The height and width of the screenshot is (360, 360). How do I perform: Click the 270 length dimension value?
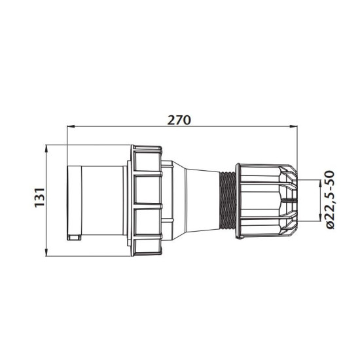click(x=179, y=120)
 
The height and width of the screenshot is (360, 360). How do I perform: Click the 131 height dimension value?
click(x=39, y=198)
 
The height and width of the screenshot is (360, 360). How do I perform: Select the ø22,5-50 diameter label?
click(x=331, y=200)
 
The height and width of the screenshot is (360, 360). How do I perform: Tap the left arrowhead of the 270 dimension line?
click(x=71, y=126)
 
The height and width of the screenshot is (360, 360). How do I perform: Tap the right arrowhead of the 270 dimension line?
click(x=293, y=126)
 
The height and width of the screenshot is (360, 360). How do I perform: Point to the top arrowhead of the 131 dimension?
click(x=46, y=149)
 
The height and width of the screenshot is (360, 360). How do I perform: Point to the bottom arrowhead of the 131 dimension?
click(x=46, y=251)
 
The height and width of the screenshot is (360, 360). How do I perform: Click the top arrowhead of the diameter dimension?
click(x=320, y=184)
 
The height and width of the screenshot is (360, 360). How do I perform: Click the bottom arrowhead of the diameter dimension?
click(x=320, y=217)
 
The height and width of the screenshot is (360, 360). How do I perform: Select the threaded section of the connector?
click(x=227, y=200)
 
